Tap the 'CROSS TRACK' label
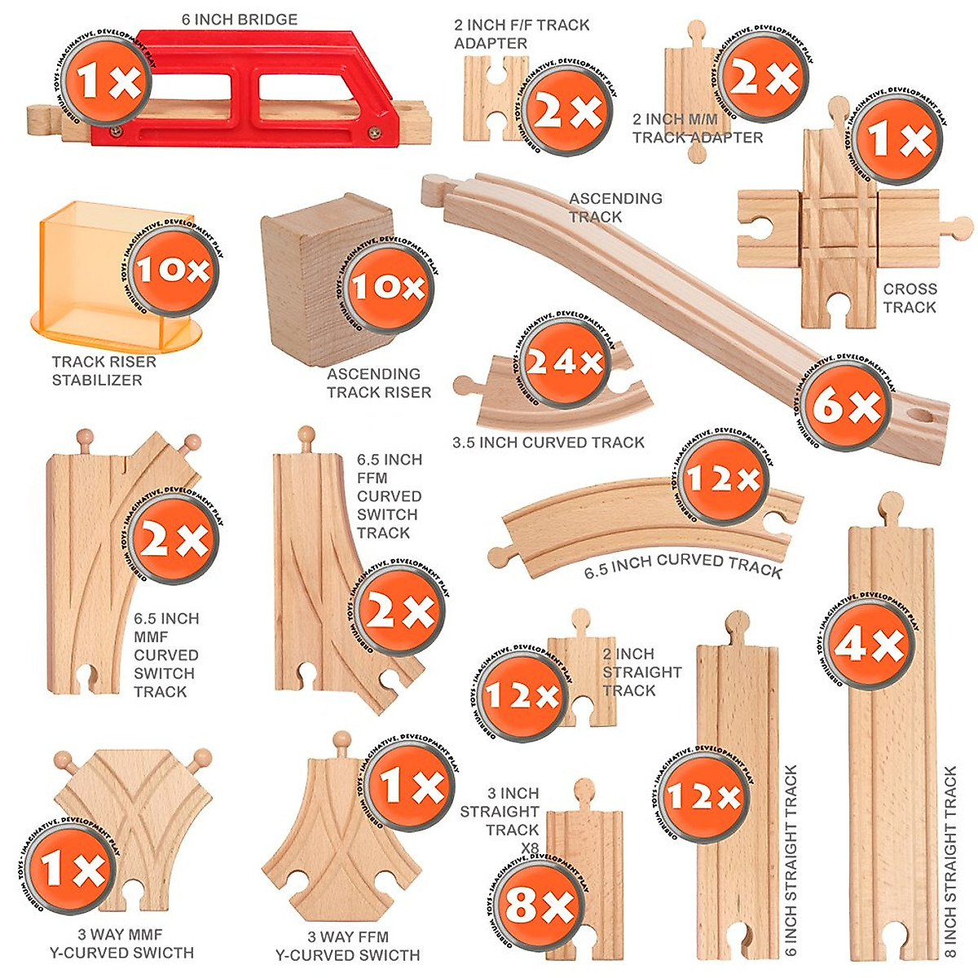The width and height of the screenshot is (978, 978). tap(910, 297)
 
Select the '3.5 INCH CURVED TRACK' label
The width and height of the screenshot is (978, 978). tap(548, 443)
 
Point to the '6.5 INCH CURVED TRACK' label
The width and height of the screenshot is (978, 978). tap(683, 565)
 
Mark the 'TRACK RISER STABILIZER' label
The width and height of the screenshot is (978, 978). tap(104, 371)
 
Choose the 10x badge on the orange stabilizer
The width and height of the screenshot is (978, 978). tap(171, 270)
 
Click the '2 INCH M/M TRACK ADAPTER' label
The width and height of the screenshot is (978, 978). tap(698, 128)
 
